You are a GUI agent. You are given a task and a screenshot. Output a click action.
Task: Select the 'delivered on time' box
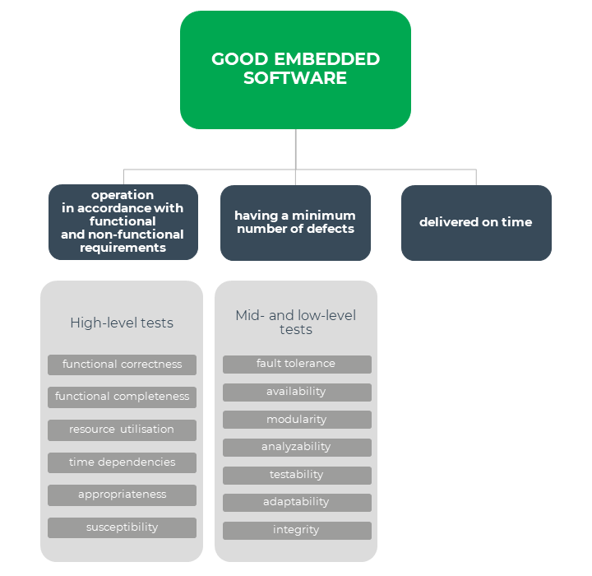pyautogui.click(x=476, y=222)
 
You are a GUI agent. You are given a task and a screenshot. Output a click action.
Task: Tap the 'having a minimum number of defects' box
pyautogui.click(x=295, y=222)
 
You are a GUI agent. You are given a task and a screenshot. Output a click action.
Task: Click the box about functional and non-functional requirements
pyautogui.click(x=123, y=222)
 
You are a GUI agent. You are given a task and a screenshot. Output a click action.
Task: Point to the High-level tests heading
pyautogui.click(x=122, y=323)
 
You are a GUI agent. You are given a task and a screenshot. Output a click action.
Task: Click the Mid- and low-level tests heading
pyautogui.click(x=296, y=323)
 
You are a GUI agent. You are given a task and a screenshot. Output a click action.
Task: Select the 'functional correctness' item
pyautogui.click(x=122, y=365)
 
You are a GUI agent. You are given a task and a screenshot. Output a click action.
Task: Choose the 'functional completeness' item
pyautogui.click(x=122, y=397)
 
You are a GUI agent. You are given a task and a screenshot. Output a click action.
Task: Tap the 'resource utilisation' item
pyautogui.click(x=122, y=430)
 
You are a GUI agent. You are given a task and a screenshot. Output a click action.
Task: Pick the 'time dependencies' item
pyautogui.click(x=122, y=462)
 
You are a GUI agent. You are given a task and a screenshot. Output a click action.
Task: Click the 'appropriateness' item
pyautogui.click(x=122, y=495)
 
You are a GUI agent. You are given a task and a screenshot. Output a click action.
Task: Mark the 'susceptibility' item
pyautogui.click(x=122, y=527)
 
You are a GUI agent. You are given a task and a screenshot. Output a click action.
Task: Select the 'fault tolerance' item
pyautogui.click(x=296, y=364)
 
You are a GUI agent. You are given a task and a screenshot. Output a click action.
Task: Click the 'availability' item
pyautogui.click(x=296, y=392)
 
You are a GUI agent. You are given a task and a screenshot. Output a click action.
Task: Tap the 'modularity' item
pyautogui.click(x=296, y=420)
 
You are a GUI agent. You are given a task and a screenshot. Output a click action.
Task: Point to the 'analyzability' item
pyautogui.click(x=296, y=447)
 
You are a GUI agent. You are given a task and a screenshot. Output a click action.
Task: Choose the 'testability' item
pyautogui.click(x=296, y=475)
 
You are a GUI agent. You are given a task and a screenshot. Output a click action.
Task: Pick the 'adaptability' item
pyautogui.click(x=296, y=502)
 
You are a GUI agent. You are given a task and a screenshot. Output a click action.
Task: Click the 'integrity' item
pyautogui.click(x=296, y=530)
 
